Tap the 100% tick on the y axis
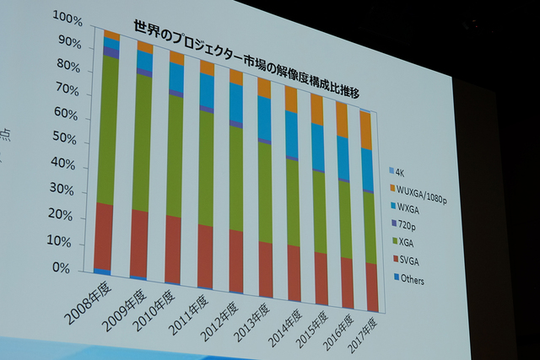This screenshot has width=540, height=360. [67, 16]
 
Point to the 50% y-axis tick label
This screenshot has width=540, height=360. [67, 137]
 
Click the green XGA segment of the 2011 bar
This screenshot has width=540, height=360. [206, 169]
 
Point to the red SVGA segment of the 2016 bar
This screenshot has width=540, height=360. [346, 282]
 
